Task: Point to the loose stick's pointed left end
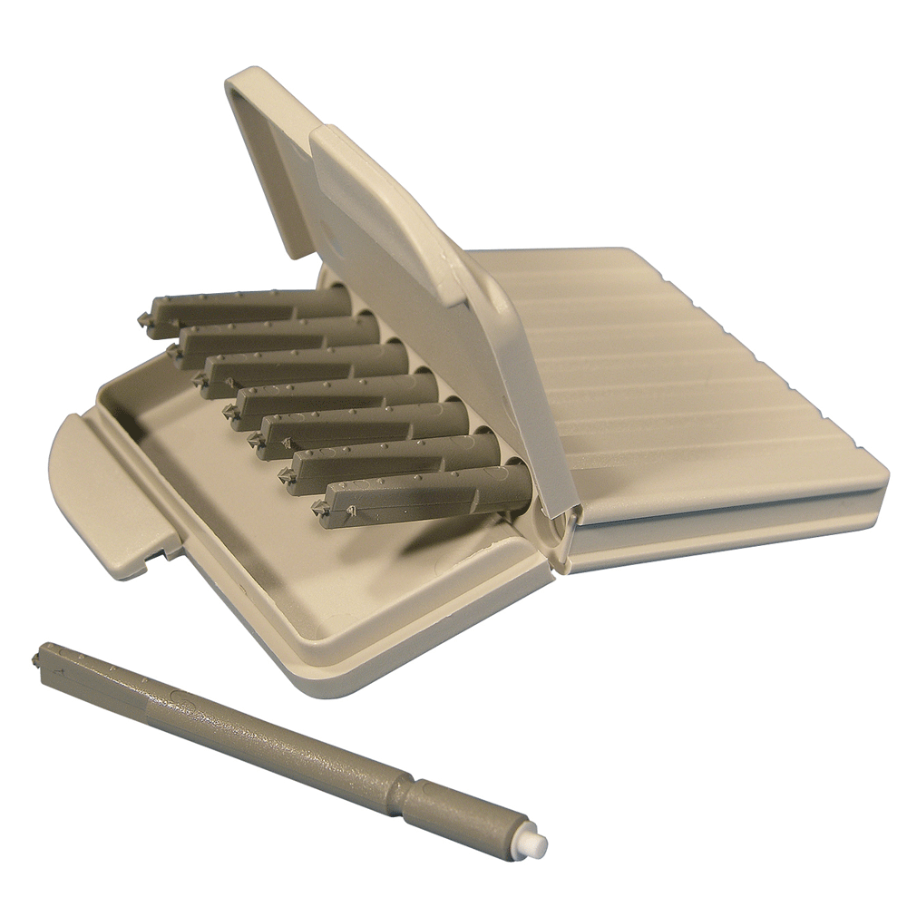[39, 656]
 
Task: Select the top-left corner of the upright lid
[238, 78]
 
